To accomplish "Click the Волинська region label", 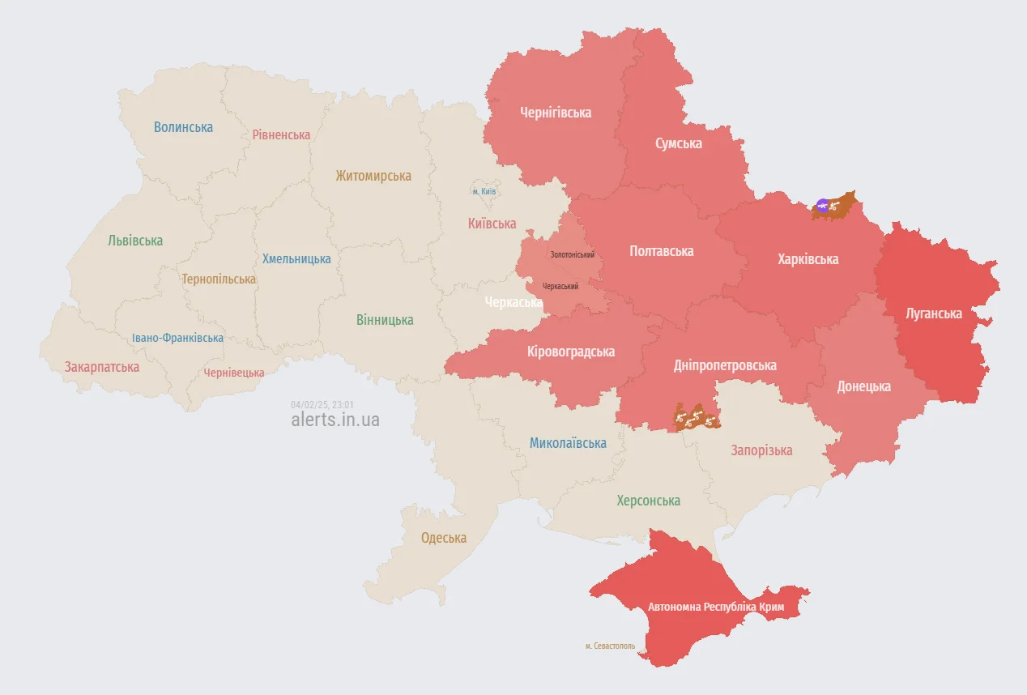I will click(183, 127).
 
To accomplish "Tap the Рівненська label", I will click(281, 134).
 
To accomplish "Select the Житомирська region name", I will click(373, 176).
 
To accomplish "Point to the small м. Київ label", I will click(484, 191).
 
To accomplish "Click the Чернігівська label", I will click(556, 113).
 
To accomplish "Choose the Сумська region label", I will click(679, 143).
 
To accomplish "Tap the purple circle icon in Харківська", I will click(823, 206).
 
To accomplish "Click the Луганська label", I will click(935, 313).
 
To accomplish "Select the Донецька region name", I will click(864, 386).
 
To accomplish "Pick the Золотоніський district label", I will click(573, 254).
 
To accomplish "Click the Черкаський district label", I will click(560, 286).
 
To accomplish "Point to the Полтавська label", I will click(662, 251).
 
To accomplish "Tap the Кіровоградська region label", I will click(571, 352).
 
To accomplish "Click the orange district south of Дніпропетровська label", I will click(696, 418).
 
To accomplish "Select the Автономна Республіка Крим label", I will click(728, 607).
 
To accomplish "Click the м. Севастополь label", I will click(610, 646).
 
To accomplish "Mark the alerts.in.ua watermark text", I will click(335, 420).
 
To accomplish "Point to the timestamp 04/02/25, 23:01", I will click(322, 404).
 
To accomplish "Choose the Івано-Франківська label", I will click(178, 338).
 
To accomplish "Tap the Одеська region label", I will click(444, 538).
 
